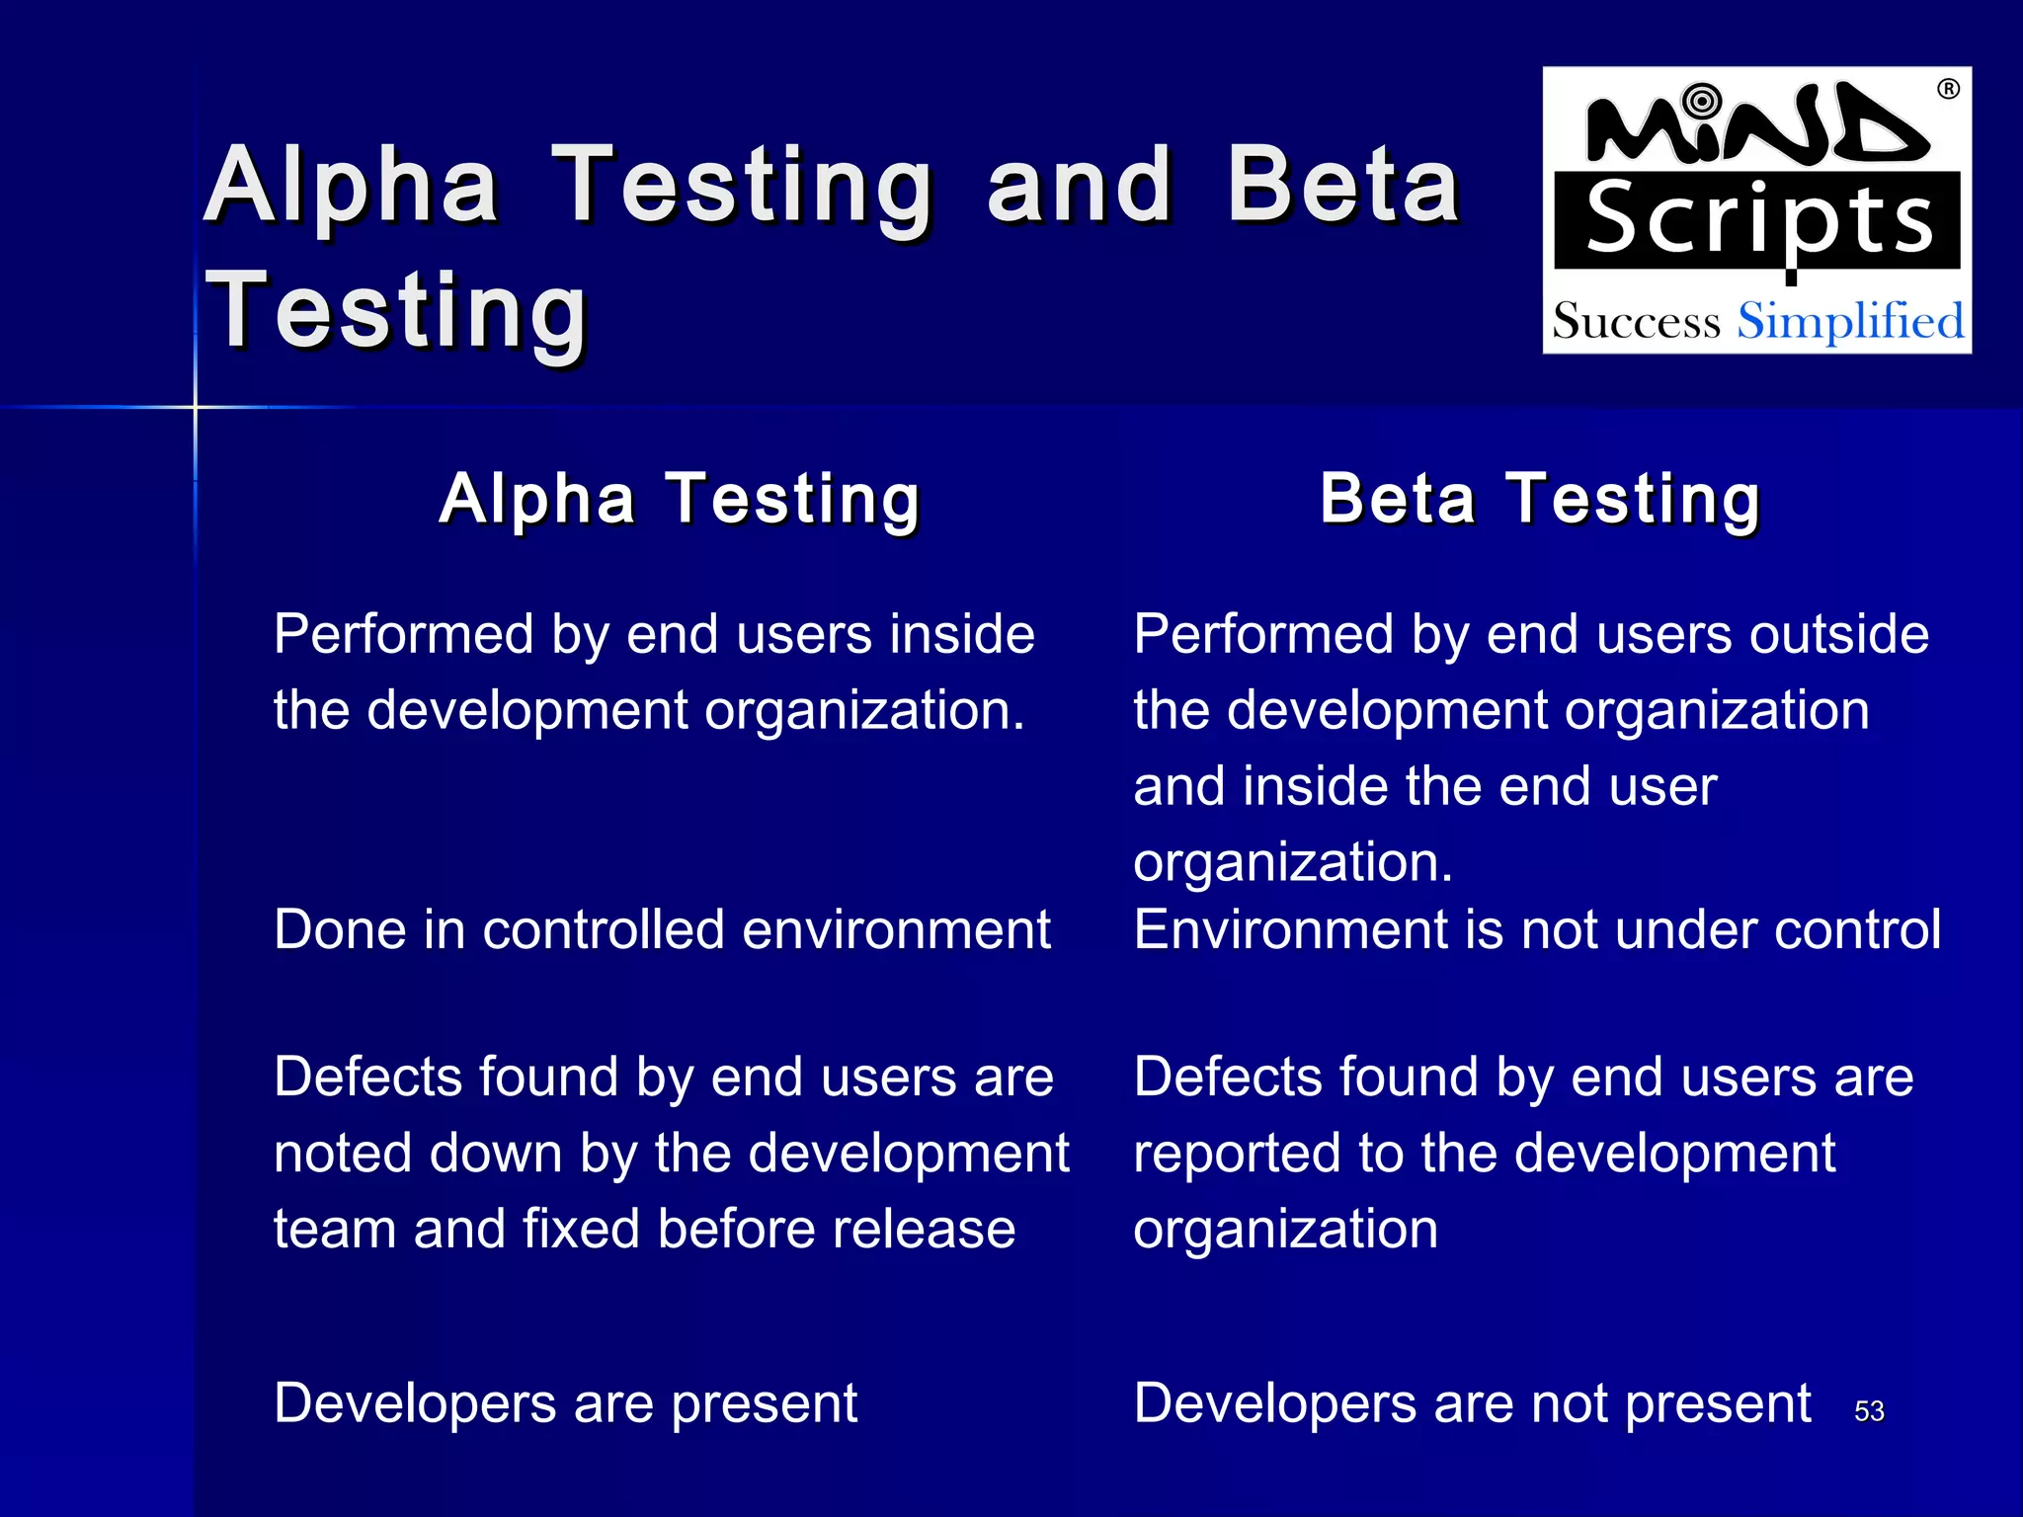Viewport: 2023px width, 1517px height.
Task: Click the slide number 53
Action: click(1869, 1410)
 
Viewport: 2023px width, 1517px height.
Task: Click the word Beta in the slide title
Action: click(1343, 185)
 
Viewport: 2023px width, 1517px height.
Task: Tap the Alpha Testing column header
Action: click(680, 499)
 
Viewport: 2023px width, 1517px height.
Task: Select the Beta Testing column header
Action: click(1540, 499)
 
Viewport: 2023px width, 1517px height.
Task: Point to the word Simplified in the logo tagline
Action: click(1850, 322)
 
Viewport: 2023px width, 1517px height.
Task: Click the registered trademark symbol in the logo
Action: click(1948, 90)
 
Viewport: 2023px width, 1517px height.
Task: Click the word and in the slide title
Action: click(1080, 185)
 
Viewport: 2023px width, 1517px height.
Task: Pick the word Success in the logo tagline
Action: click(1636, 322)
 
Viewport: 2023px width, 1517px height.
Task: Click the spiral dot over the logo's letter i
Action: click(1701, 100)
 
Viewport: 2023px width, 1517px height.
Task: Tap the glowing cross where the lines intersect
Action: click(195, 407)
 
